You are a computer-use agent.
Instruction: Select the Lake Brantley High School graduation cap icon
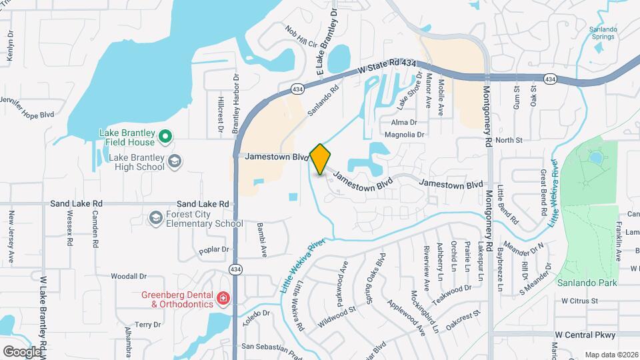click(x=174, y=161)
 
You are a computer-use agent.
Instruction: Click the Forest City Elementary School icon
click(x=155, y=218)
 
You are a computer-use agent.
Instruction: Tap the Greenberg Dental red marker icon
click(x=224, y=299)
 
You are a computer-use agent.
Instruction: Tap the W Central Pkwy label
click(x=585, y=335)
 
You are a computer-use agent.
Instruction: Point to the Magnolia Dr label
click(x=407, y=135)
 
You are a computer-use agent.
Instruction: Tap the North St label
click(x=509, y=140)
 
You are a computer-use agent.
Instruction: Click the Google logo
click(x=22, y=351)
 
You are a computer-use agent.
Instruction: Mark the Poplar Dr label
click(x=213, y=250)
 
